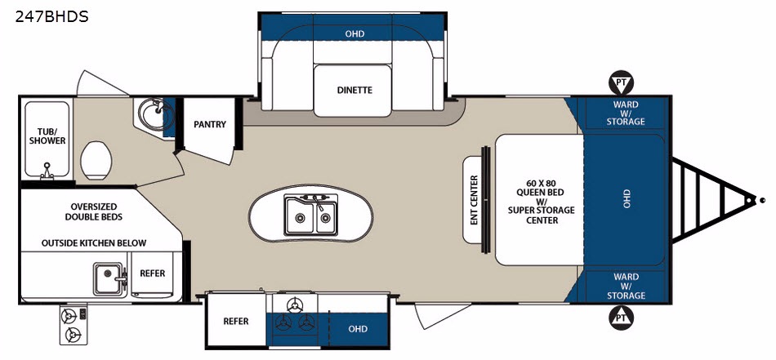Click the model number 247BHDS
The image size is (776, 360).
click(51, 17)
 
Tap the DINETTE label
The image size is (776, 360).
click(355, 91)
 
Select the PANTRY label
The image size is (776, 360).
click(210, 124)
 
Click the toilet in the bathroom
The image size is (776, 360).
click(96, 160)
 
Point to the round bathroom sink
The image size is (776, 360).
click(154, 113)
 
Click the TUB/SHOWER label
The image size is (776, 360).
click(47, 136)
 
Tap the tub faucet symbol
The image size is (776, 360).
click(47, 170)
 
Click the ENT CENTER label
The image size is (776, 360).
click(474, 200)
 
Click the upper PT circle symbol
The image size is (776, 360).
click(621, 83)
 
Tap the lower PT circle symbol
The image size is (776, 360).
click(621, 318)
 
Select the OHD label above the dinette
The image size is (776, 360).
click(355, 33)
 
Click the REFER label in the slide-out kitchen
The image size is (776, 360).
click(235, 322)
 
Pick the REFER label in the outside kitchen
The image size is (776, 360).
click(153, 273)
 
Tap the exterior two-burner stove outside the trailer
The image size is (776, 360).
click(74, 324)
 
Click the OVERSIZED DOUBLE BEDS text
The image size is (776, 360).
click(94, 211)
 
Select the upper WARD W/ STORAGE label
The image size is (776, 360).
click(626, 113)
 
